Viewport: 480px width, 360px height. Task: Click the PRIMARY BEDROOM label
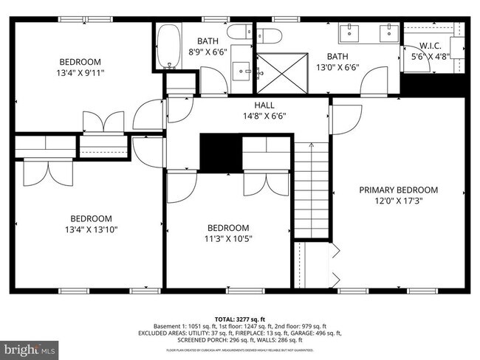pos(398,190)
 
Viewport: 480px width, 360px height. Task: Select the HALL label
pos(264,105)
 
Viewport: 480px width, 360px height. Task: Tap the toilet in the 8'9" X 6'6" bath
pos(238,32)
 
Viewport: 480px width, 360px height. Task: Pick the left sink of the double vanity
pos(348,32)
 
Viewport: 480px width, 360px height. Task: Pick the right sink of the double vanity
pos(388,32)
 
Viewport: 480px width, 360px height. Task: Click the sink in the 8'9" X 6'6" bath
pos(243,72)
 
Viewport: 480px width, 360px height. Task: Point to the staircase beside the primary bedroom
pos(311,191)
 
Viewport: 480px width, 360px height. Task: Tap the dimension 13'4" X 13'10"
pos(90,229)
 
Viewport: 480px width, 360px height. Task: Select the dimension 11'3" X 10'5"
pos(227,238)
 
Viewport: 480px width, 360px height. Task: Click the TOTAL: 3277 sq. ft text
pos(239,318)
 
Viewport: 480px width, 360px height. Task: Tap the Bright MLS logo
pos(30,347)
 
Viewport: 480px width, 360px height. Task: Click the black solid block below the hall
pos(221,152)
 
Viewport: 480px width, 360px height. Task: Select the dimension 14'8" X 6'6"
pos(264,115)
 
